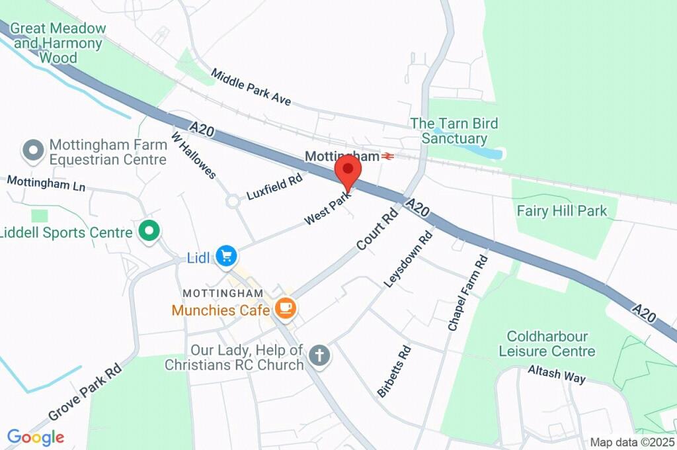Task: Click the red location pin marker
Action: (348, 169)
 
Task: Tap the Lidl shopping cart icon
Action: (227, 255)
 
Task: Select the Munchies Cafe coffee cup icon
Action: (286, 308)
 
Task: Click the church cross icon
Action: (319, 355)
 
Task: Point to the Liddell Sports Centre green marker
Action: (149, 232)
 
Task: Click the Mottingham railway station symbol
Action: (388, 156)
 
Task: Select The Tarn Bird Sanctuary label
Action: (454, 131)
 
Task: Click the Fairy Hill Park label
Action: (562, 211)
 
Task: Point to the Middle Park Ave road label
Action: (251, 86)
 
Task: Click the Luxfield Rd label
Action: (274, 187)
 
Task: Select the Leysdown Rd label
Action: (409, 258)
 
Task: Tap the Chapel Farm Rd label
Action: (467, 292)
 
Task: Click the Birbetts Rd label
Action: (394, 371)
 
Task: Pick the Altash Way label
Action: (557, 374)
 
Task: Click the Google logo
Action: (36, 437)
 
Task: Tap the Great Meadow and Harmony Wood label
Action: (59, 43)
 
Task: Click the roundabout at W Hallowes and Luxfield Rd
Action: (232, 200)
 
